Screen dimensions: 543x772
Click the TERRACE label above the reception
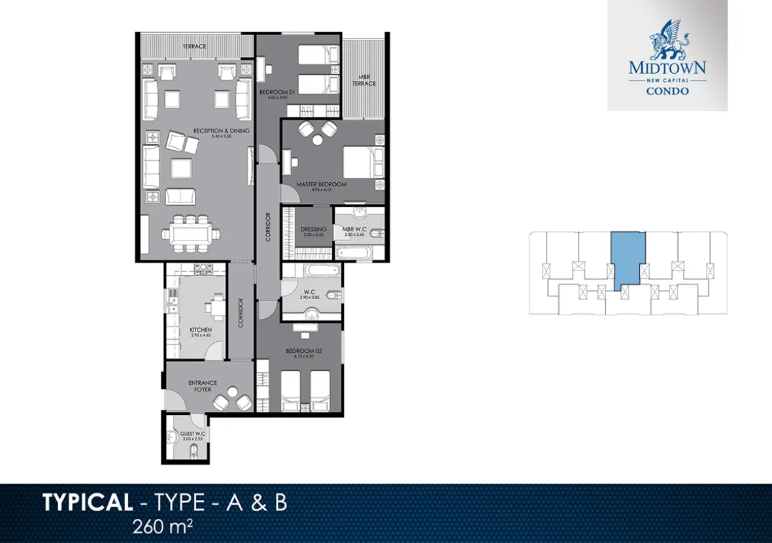tap(194, 46)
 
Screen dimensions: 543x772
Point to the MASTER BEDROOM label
tap(321, 185)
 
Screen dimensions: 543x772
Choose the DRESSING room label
tap(313, 229)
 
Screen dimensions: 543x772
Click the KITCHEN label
tap(201, 330)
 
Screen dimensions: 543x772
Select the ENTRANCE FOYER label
tap(203, 386)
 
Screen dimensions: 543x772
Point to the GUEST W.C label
tap(193, 434)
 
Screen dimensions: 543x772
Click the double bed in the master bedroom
tap(357, 161)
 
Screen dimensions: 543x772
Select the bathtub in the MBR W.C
tap(353, 251)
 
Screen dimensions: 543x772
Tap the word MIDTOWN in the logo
tap(667, 67)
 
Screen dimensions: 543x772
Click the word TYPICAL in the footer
tap(87, 503)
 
